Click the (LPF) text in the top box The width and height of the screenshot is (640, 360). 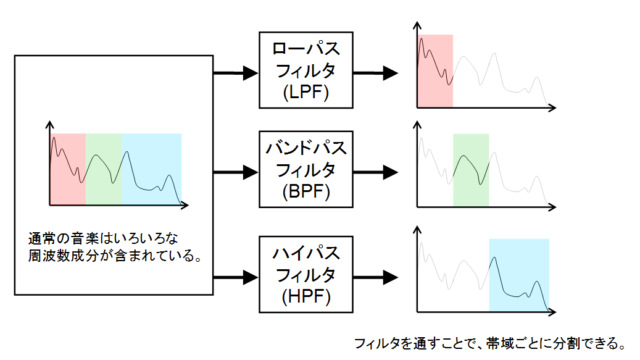(305, 92)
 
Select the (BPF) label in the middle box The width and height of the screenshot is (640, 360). (305, 191)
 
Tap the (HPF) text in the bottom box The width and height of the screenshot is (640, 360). (305, 296)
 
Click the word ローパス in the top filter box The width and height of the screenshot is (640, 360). (305, 49)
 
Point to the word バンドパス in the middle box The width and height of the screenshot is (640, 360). (305, 148)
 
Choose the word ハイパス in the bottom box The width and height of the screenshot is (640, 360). (305, 253)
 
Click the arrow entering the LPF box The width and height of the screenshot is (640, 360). (236, 73)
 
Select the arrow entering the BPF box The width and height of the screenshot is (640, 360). (236, 172)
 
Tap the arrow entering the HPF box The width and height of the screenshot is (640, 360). (236, 277)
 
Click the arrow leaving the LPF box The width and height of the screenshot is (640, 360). (375, 73)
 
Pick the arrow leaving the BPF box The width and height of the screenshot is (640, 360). (375, 172)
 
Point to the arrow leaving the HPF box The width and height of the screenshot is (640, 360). (375, 277)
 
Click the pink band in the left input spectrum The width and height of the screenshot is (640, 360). (68, 169)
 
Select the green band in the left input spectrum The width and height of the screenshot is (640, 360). (104, 169)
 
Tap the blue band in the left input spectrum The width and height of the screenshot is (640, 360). (151, 169)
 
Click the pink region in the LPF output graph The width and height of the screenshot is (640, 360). (435, 70)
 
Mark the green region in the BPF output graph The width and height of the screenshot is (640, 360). (471, 170)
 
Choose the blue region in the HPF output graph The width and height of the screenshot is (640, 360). (519, 275)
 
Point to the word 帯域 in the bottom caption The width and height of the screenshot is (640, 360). (500, 343)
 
